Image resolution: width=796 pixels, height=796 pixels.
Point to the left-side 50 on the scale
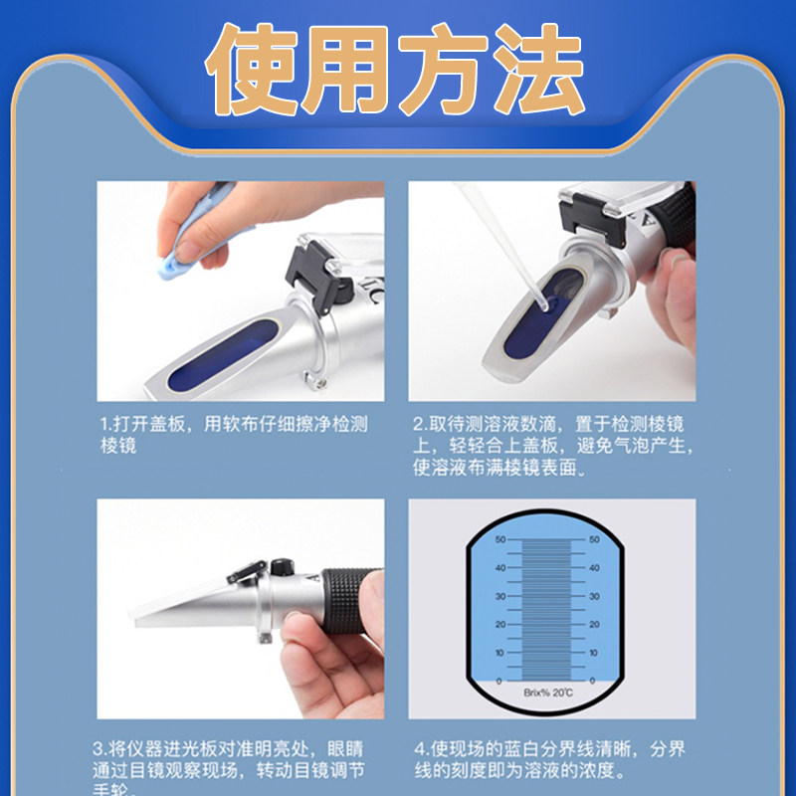pyautogui.click(x=499, y=540)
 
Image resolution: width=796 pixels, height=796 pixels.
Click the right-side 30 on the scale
pyautogui.click(x=593, y=597)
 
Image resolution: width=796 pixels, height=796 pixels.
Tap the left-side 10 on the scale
pyautogui.click(x=499, y=653)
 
